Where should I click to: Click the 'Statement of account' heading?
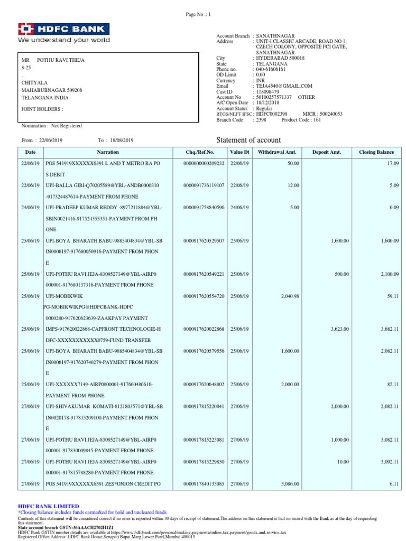click(x=249, y=140)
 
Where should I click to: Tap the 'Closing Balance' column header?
click(x=376, y=152)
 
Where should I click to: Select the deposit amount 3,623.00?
click(x=340, y=329)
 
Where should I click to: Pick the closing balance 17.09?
click(x=393, y=164)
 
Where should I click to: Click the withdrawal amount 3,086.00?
click(x=289, y=483)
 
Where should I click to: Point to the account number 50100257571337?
click(x=274, y=97)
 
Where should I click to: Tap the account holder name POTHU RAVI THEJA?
click(x=60, y=60)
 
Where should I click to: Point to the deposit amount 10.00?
click(x=343, y=461)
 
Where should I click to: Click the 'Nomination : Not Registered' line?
click(x=51, y=126)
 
